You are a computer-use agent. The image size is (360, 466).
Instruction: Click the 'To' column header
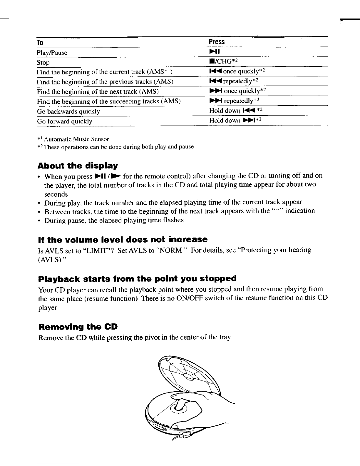[40, 43]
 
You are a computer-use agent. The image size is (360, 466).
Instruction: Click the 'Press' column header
[217, 42]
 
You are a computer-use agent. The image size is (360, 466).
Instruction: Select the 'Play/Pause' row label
[52, 53]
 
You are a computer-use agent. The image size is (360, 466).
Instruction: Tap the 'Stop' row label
[43, 63]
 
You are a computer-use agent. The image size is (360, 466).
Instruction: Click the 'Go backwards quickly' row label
[68, 111]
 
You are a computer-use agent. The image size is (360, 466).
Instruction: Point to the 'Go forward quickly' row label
[65, 121]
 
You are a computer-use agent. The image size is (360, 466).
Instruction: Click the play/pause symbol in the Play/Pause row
[213, 52]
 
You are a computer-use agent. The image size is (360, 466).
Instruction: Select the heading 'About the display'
[78, 166]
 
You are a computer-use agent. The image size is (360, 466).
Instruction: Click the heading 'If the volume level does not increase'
[123, 240]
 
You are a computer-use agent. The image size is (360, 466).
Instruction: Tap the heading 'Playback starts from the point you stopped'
[137, 278]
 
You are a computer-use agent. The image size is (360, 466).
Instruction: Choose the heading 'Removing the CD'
[78, 327]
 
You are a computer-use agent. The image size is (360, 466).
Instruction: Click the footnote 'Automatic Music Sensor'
[76, 139]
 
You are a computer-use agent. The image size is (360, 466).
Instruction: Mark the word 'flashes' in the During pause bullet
[173, 220]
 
